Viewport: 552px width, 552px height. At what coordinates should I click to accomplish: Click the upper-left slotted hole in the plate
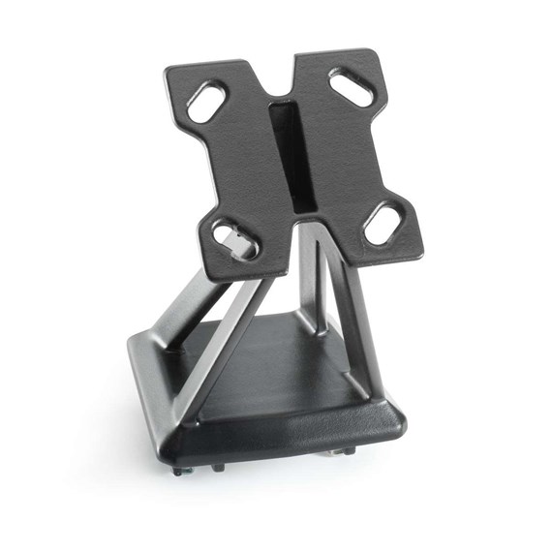pyautogui.click(x=207, y=101)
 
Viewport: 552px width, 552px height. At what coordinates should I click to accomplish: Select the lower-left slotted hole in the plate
pyautogui.click(x=234, y=239)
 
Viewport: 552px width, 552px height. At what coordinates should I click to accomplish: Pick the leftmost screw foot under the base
pyautogui.click(x=180, y=471)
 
